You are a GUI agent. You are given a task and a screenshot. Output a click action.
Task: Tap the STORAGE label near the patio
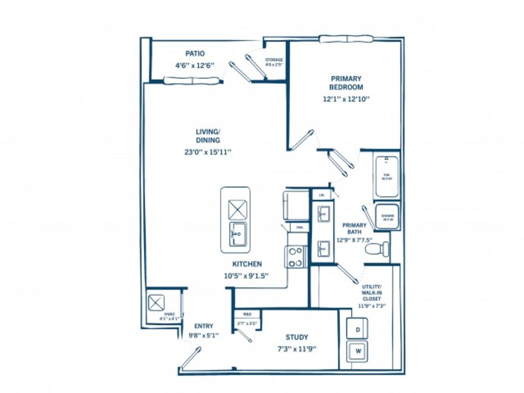click(x=274, y=60)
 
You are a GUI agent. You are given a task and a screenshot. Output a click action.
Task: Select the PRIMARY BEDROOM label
click(x=346, y=83)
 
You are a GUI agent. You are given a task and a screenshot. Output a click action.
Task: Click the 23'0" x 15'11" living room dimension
click(x=207, y=152)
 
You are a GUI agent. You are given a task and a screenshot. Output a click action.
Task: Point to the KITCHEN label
click(x=247, y=264)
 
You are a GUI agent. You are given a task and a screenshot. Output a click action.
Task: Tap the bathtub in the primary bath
click(x=386, y=177)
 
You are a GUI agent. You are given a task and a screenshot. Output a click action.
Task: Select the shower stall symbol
click(x=387, y=217)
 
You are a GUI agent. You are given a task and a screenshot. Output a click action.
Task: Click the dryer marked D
click(x=357, y=329)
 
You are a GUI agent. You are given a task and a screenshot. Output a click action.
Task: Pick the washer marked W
click(x=357, y=351)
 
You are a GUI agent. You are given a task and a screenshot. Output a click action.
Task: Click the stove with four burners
click(x=296, y=257)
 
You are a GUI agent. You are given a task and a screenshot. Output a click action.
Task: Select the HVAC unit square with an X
click(x=156, y=303)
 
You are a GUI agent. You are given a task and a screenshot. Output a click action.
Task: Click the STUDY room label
click(x=296, y=337)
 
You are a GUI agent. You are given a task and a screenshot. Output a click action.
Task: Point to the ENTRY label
click(x=203, y=326)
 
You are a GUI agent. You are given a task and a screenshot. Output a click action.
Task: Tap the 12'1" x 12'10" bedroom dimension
click(x=346, y=99)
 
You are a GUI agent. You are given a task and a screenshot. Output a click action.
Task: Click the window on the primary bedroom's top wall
click(x=346, y=39)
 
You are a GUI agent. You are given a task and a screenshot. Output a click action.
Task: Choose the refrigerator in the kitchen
click(x=296, y=205)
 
